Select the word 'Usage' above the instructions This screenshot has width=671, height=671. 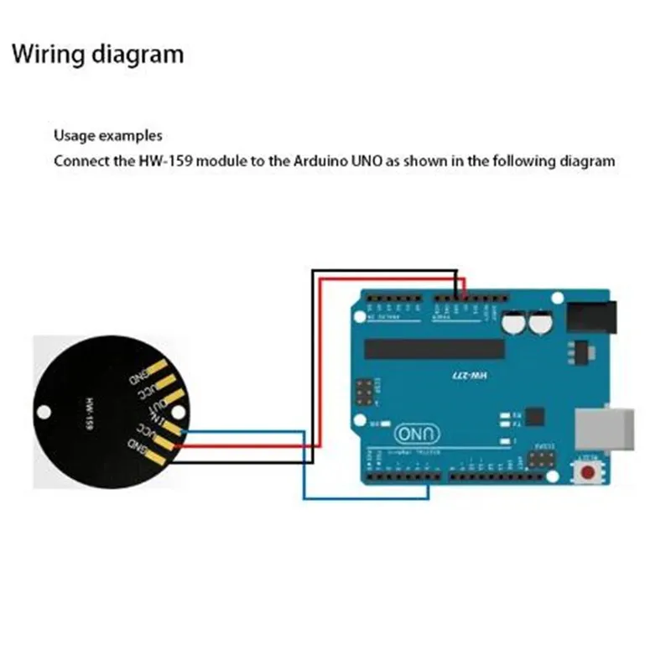point(74,135)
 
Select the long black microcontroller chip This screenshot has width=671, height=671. point(434,349)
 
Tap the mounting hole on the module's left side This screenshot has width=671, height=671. point(45,412)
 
